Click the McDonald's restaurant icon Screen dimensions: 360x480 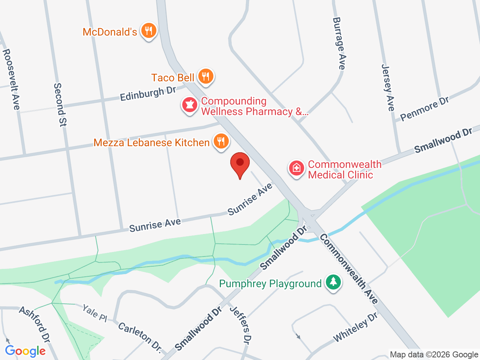149,31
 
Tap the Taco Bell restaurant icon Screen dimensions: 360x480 205,76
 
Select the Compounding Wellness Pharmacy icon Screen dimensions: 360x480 189,105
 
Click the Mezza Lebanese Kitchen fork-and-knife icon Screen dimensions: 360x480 221,141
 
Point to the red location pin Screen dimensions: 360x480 240,165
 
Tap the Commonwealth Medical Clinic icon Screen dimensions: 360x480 297,168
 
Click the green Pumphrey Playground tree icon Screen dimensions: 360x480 333,282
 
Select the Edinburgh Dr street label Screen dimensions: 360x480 148,94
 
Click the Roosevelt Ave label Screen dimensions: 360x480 11,79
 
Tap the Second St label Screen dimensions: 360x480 60,105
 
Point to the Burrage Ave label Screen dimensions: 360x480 339,43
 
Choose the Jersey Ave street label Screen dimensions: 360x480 388,87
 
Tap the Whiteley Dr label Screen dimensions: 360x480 355,327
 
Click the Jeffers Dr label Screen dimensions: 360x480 240,325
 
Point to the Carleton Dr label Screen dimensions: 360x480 140,337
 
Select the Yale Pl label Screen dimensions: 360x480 94,313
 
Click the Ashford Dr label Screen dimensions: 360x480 34,324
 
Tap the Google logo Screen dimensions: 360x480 25,351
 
